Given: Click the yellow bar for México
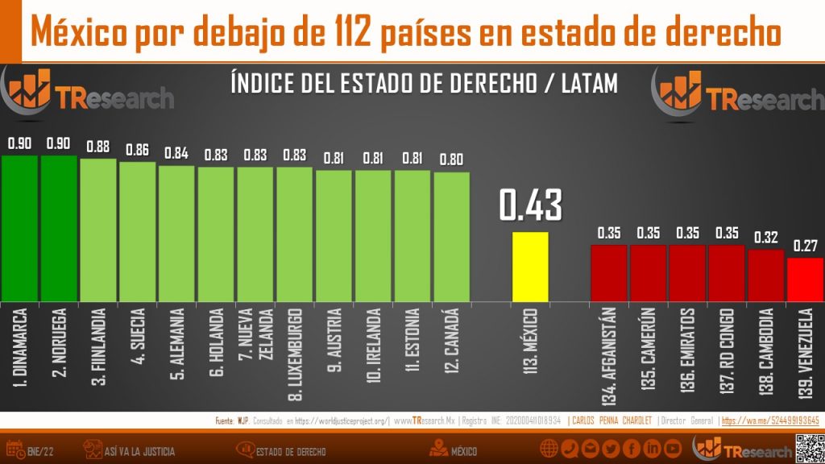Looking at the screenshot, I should click(x=530, y=266).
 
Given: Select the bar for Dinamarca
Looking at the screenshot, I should click(x=19, y=227).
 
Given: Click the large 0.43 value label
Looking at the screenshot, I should click(x=530, y=205).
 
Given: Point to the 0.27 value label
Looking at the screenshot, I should click(x=806, y=246).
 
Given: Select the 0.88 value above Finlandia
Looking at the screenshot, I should click(x=98, y=147).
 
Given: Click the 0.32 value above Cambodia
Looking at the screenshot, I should click(x=766, y=238).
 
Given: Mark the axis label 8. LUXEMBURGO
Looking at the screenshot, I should click(x=295, y=354).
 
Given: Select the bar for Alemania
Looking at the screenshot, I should click(x=176, y=233).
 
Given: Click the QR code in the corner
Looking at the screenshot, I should click(x=808, y=447).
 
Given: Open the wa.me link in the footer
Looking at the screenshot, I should click(x=770, y=420).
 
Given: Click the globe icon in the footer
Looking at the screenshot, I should click(x=549, y=449).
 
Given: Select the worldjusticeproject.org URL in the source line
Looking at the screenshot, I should click(x=342, y=420).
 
